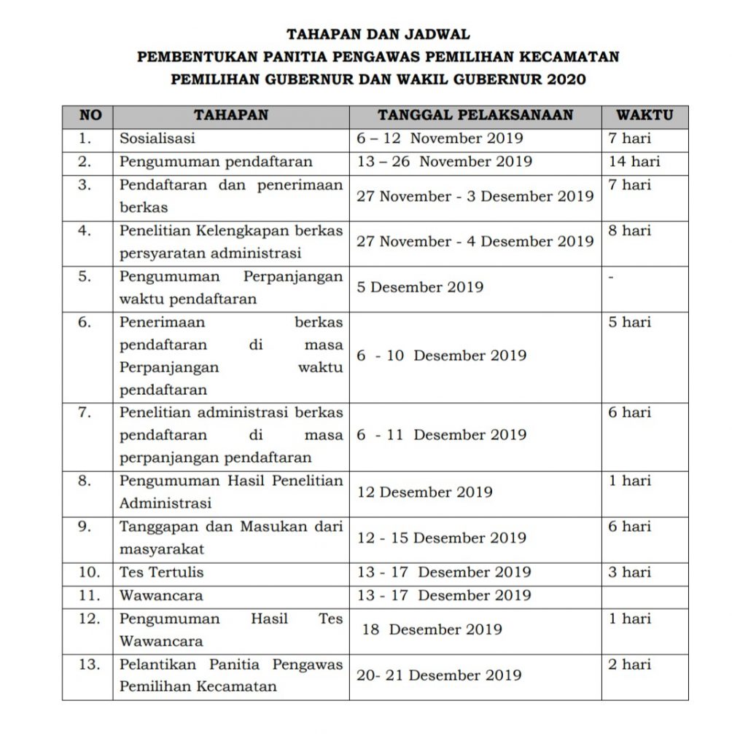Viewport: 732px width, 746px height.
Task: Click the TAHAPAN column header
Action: click(231, 115)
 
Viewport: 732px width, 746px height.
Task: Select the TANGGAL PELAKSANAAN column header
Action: click(475, 115)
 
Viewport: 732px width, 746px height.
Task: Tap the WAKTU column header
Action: click(644, 115)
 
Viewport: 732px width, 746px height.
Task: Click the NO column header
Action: click(87, 115)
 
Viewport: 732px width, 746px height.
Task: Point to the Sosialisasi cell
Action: click(157, 138)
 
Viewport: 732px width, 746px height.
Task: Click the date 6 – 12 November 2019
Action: click(440, 138)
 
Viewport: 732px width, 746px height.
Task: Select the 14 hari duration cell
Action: click(634, 162)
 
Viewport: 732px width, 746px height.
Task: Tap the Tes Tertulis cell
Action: click(162, 573)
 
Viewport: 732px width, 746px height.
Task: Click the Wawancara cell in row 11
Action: click(161, 595)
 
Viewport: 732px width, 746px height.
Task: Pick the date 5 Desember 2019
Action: click(420, 287)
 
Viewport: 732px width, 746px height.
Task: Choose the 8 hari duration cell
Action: click(630, 231)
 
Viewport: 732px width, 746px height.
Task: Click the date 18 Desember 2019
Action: click(432, 629)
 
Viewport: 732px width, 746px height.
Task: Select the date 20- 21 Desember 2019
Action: click(439, 675)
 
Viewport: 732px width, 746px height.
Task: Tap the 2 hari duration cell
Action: click(630, 664)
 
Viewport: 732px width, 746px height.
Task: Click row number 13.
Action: click(87, 664)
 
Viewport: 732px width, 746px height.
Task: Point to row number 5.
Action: click(85, 276)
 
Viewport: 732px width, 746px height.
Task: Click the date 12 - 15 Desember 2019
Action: click(442, 538)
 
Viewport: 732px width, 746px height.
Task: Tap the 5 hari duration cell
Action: click(630, 322)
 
